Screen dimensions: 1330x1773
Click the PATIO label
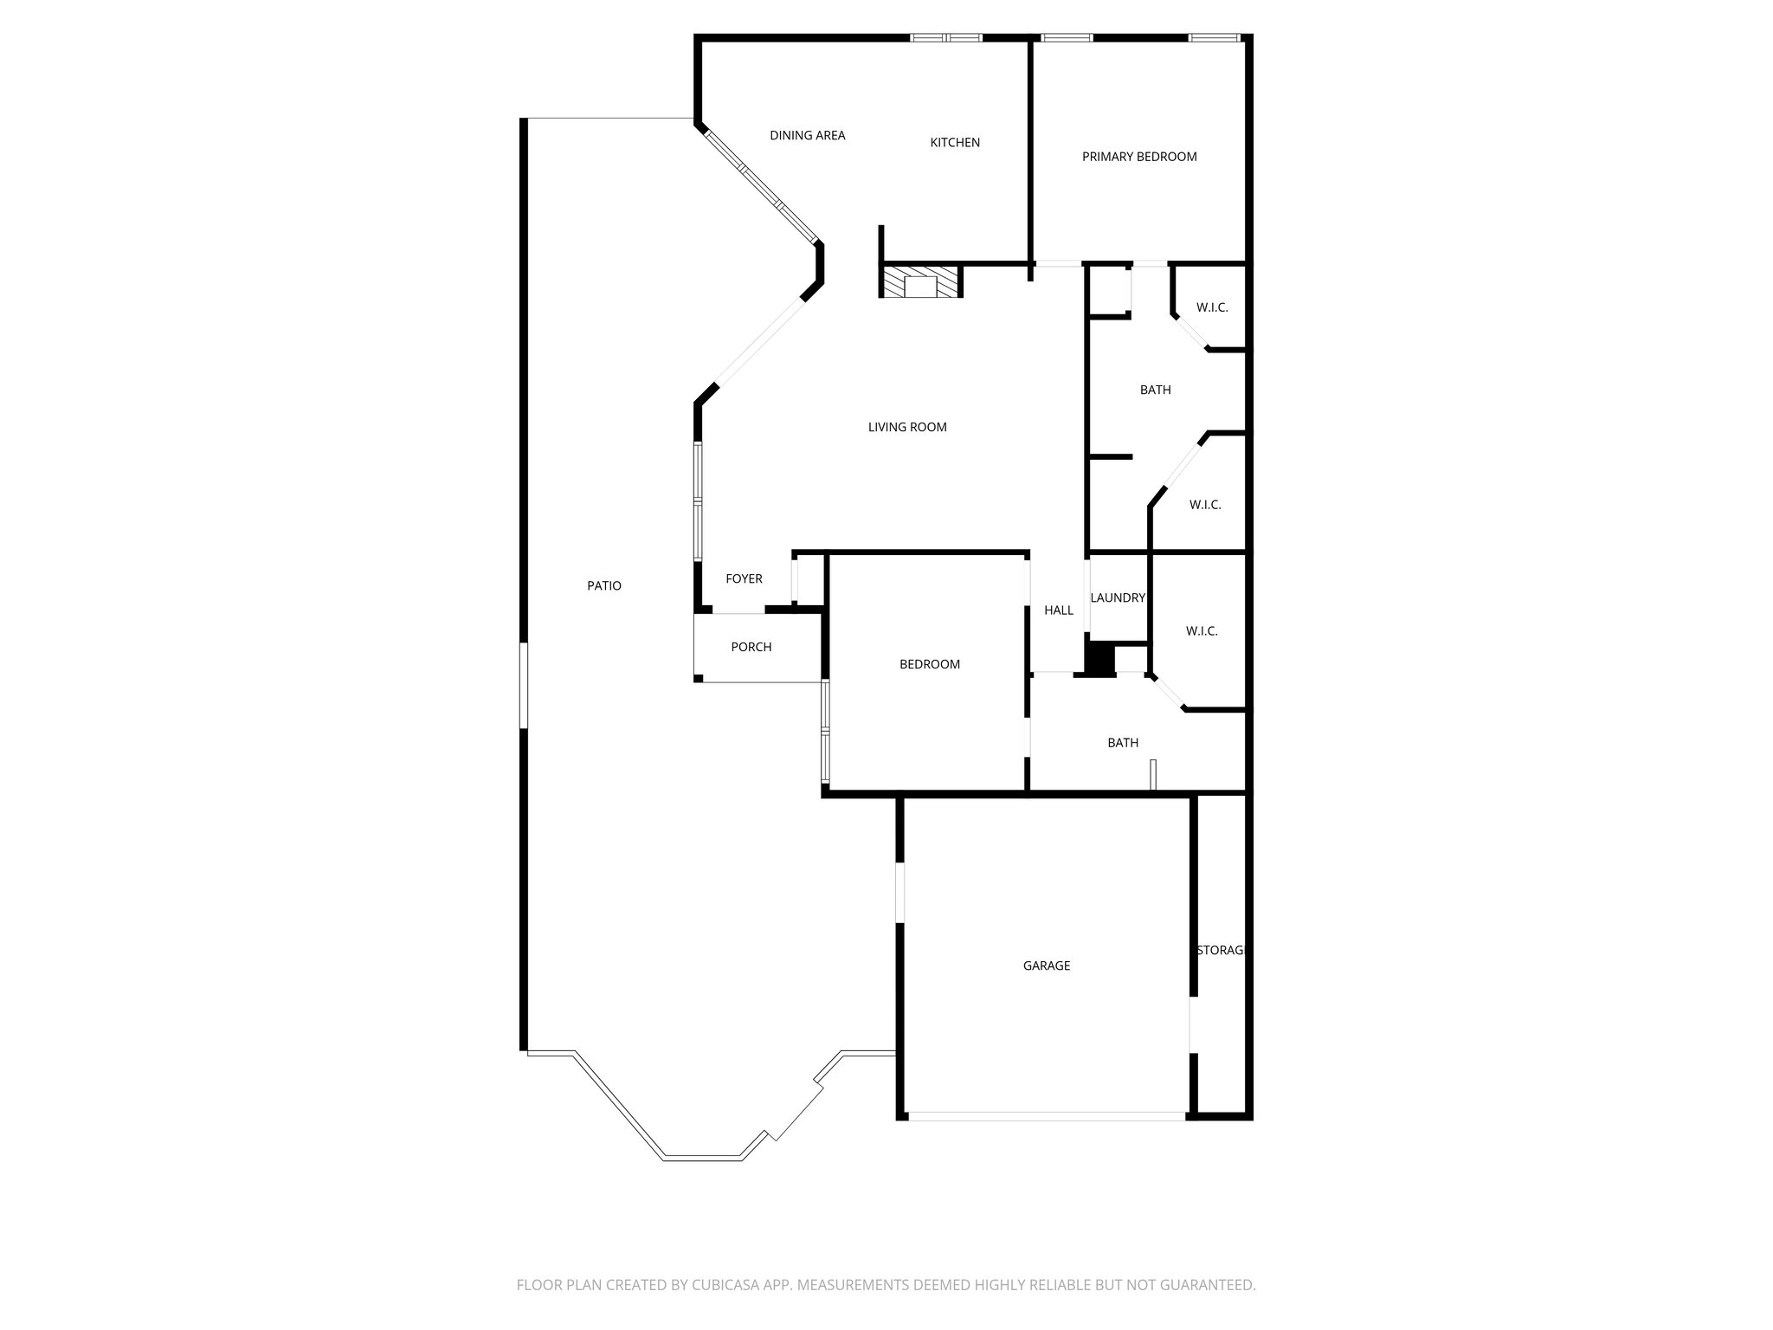pyautogui.click(x=604, y=586)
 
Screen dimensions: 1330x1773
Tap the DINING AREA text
pyautogui.click(x=807, y=135)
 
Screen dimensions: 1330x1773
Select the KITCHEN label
pyautogui.click(x=955, y=143)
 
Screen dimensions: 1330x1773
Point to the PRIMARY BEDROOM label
pyautogui.click(x=1139, y=157)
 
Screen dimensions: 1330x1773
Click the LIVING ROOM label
pyautogui.click(x=907, y=427)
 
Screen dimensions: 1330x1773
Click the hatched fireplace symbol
pyautogui.click(x=920, y=282)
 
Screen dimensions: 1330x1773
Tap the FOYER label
pyautogui.click(x=744, y=579)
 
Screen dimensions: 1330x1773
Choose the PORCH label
pyautogui.click(x=751, y=648)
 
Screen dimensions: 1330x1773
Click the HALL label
pyautogui.click(x=1058, y=610)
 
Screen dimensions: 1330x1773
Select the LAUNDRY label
pyautogui.click(x=1118, y=598)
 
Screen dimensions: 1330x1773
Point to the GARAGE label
pyautogui.click(x=1047, y=965)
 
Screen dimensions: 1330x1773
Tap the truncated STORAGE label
pyautogui.click(x=1220, y=951)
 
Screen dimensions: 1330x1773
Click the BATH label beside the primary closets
pyautogui.click(x=1155, y=391)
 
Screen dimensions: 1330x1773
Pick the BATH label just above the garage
pyautogui.click(x=1123, y=743)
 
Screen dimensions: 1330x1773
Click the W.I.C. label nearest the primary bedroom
pyautogui.click(x=1212, y=308)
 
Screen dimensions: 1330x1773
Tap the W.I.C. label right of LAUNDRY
pyautogui.click(x=1202, y=632)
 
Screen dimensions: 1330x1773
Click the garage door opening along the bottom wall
pyautogui.click(x=1046, y=1116)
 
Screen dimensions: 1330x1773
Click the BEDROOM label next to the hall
pyautogui.click(x=930, y=665)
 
